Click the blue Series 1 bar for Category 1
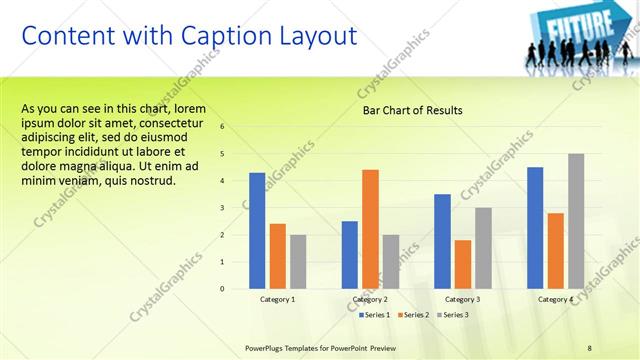tap(257, 230)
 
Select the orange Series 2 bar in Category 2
tap(370, 229)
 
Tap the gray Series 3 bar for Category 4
tap(576, 221)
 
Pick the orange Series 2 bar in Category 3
tap(462, 264)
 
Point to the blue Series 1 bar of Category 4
tap(535, 227)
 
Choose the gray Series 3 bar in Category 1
tap(298, 261)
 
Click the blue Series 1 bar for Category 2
tap(349, 254)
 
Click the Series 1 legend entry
tap(374, 315)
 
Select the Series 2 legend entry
tap(414, 315)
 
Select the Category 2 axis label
tap(370, 299)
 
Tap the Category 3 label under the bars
tap(462, 299)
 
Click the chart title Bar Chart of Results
tap(412, 110)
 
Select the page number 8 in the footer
tap(590, 347)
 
